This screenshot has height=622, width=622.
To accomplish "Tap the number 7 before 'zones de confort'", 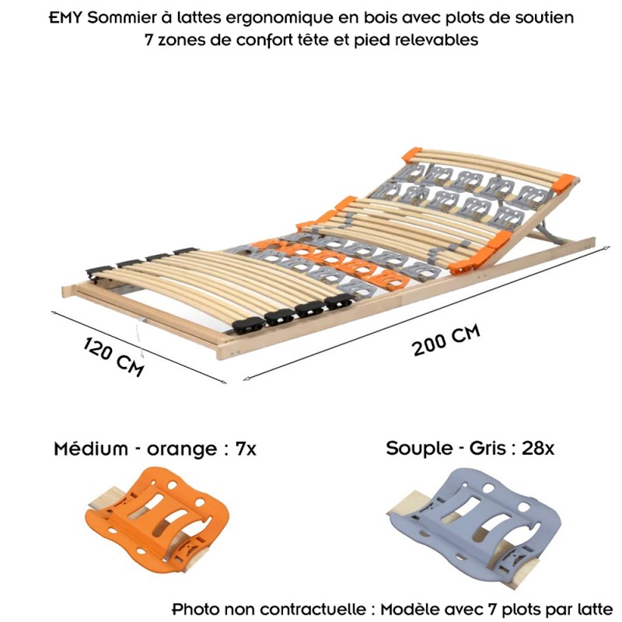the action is (x=149, y=40).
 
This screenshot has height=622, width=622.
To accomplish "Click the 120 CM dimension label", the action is (x=114, y=357).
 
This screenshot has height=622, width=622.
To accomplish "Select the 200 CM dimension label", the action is (x=446, y=340).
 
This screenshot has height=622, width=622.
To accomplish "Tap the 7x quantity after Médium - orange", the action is (x=246, y=449).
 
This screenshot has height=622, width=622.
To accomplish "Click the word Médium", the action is (x=91, y=449).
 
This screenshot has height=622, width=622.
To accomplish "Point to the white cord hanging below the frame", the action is (x=139, y=338).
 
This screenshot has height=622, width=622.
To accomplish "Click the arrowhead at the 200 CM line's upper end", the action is (x=607, y=248).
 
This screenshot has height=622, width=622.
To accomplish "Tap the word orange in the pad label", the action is (x=182, y=450).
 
